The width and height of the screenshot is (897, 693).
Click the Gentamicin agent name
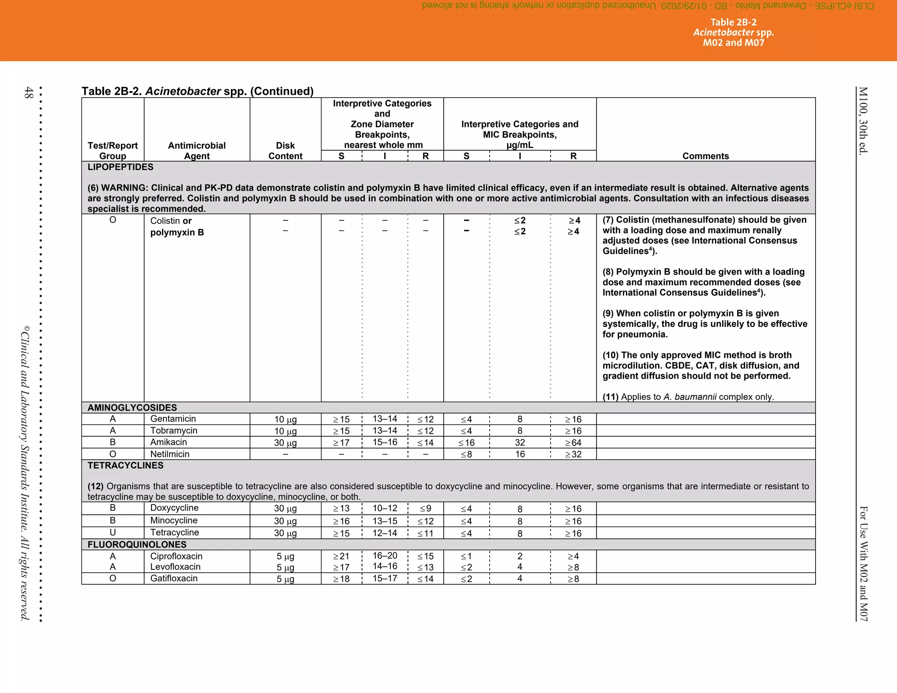173,419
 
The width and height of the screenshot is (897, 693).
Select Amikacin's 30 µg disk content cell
285,442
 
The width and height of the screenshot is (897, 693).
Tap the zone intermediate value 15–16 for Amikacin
385,442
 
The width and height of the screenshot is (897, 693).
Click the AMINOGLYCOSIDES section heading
132,407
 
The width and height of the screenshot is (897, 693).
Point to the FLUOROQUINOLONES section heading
137,544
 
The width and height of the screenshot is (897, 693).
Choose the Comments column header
705,156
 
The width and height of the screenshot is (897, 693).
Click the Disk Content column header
285,151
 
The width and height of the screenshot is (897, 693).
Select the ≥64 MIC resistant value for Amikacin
573,443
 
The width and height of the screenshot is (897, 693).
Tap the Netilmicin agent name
170,454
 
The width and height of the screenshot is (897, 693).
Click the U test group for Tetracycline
113,532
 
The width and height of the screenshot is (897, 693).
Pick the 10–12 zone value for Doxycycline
385,508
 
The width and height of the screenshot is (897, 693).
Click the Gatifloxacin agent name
173,578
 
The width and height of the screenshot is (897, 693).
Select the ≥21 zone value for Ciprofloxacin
341,556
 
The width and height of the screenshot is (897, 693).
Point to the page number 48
28,92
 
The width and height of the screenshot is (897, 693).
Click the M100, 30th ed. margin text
862,120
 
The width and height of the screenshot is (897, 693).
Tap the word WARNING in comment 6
124,188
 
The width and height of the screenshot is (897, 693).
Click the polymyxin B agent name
177,233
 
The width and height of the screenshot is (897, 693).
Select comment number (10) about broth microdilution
611,355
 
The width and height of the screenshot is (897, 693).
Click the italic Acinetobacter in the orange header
723,32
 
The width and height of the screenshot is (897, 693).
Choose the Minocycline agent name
173,520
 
